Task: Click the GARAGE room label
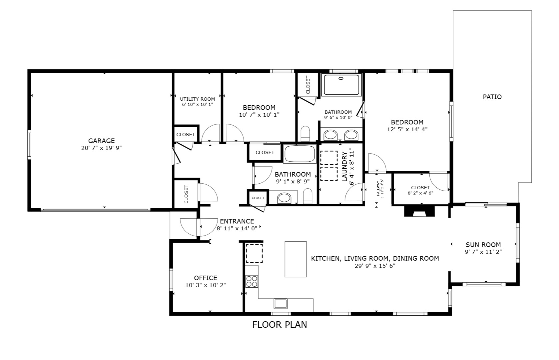[101, 141]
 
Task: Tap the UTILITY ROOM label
[197, 99]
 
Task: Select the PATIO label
[492, 97]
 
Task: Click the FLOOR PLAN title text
[279, 324]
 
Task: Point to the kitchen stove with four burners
[252, 281]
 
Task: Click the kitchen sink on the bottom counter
[280, 303]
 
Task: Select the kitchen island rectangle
[295, 259]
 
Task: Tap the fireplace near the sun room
[419, 211]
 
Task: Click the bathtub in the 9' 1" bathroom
[300, 154]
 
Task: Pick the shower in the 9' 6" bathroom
[341, 85]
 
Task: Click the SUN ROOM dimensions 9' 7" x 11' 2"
[483, 252]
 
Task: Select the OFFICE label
[206, 278]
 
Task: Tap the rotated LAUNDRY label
[345, 166]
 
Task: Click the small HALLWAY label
[378, 189]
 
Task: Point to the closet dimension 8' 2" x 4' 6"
[420, 193]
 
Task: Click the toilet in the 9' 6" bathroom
[305, 133]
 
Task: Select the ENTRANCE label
[237, 221]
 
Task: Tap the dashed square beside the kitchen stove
[254, 253]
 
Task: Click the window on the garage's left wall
[29, 145]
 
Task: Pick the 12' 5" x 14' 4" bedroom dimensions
[407, 129]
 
